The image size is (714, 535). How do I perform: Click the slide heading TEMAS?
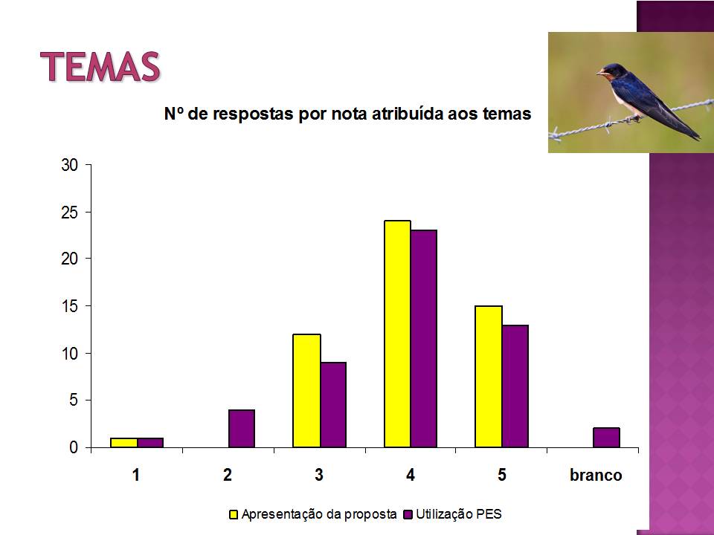click(100, 66)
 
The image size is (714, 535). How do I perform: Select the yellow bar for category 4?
click(397, 334)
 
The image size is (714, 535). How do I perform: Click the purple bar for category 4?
click(424, 339)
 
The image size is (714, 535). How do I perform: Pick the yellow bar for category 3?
click(306, 391)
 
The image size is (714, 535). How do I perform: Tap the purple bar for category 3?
click(333, 405)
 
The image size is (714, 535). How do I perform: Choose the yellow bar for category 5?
click(489, 377)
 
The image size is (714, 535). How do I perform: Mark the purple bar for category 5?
click(515, 386)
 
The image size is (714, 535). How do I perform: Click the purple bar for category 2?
click(242, 429)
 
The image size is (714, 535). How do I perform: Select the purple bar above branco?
click(607, 438)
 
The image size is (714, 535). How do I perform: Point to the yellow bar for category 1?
click(124, 443)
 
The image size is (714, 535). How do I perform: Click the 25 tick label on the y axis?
click(70, 213)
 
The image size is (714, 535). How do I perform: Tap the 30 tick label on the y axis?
click(70, 165)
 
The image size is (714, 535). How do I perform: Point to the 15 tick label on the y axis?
click(70, 307)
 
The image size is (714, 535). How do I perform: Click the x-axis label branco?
click(596, 475)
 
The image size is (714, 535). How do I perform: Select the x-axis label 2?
click(228, 475)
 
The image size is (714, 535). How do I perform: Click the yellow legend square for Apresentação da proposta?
click(234, 514)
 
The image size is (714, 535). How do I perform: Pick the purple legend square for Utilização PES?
click(408, 514)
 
